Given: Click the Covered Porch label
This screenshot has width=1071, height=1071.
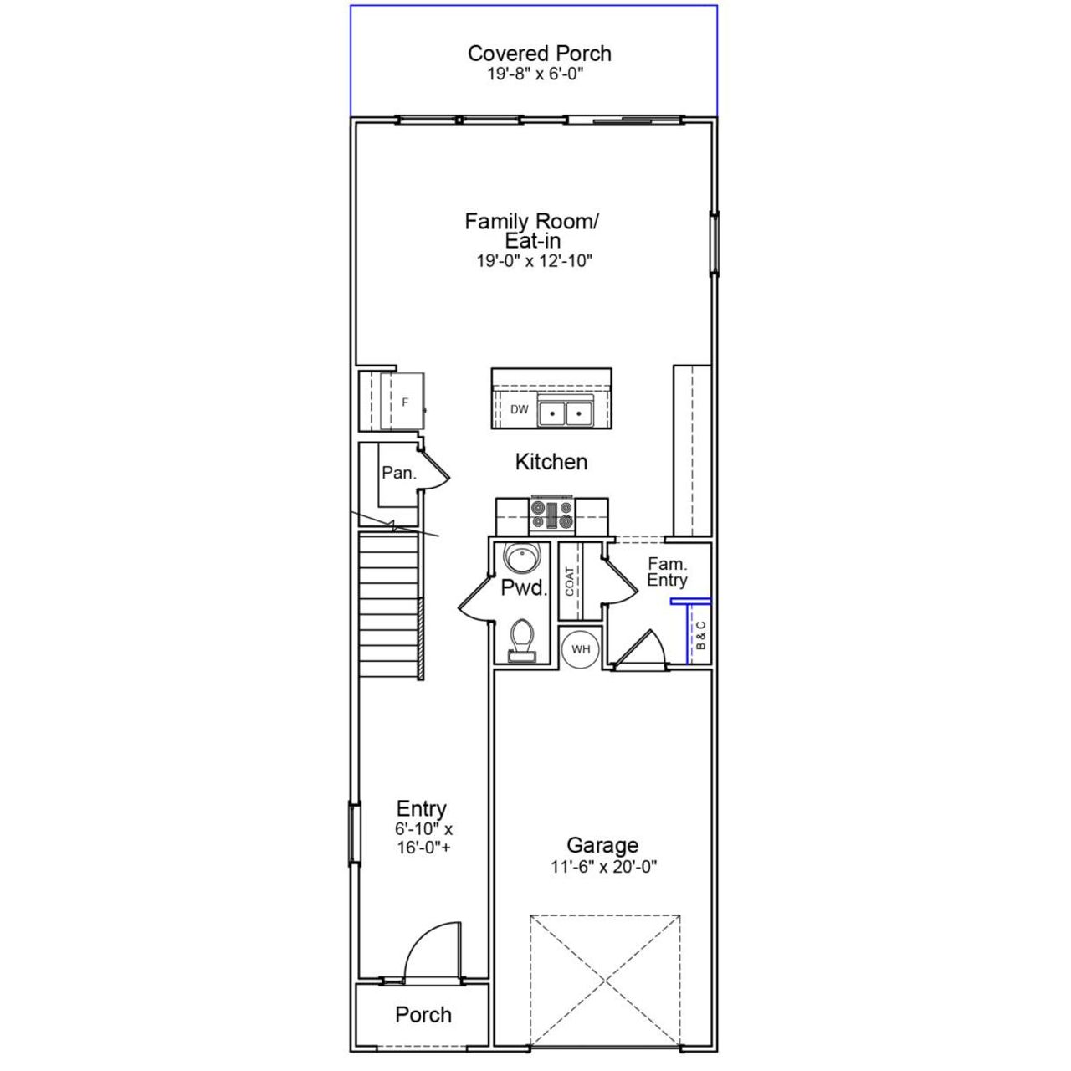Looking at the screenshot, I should [x=539, y=54].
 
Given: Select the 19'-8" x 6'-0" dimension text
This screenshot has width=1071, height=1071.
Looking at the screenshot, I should [x=535, y=74].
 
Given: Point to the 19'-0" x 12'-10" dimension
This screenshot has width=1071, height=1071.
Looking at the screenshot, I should [x=535, y=261].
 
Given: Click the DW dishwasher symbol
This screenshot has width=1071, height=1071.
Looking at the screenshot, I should [x=520, y=409].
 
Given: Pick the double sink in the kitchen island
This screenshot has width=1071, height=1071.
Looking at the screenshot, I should [x=565, y=413].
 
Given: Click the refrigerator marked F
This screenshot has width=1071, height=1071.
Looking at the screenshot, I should [x=405, y=402].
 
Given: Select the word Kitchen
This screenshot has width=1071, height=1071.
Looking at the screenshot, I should [x=551, y=462].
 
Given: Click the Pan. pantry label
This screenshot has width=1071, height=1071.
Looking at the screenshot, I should [x=398, y=474].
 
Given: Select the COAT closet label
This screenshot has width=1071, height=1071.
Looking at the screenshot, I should [x=570, y=582].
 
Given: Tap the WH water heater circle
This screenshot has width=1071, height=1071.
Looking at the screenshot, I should [x=581, y=648].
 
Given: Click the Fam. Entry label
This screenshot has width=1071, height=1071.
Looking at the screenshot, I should [x=667, y=572].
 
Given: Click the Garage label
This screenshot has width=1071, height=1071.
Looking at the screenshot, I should [x=602, y=845].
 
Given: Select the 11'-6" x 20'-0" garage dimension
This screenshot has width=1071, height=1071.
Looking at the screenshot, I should [x=603, y=868].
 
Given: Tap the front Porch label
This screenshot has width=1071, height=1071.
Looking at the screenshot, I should [x=423, y=1015].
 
